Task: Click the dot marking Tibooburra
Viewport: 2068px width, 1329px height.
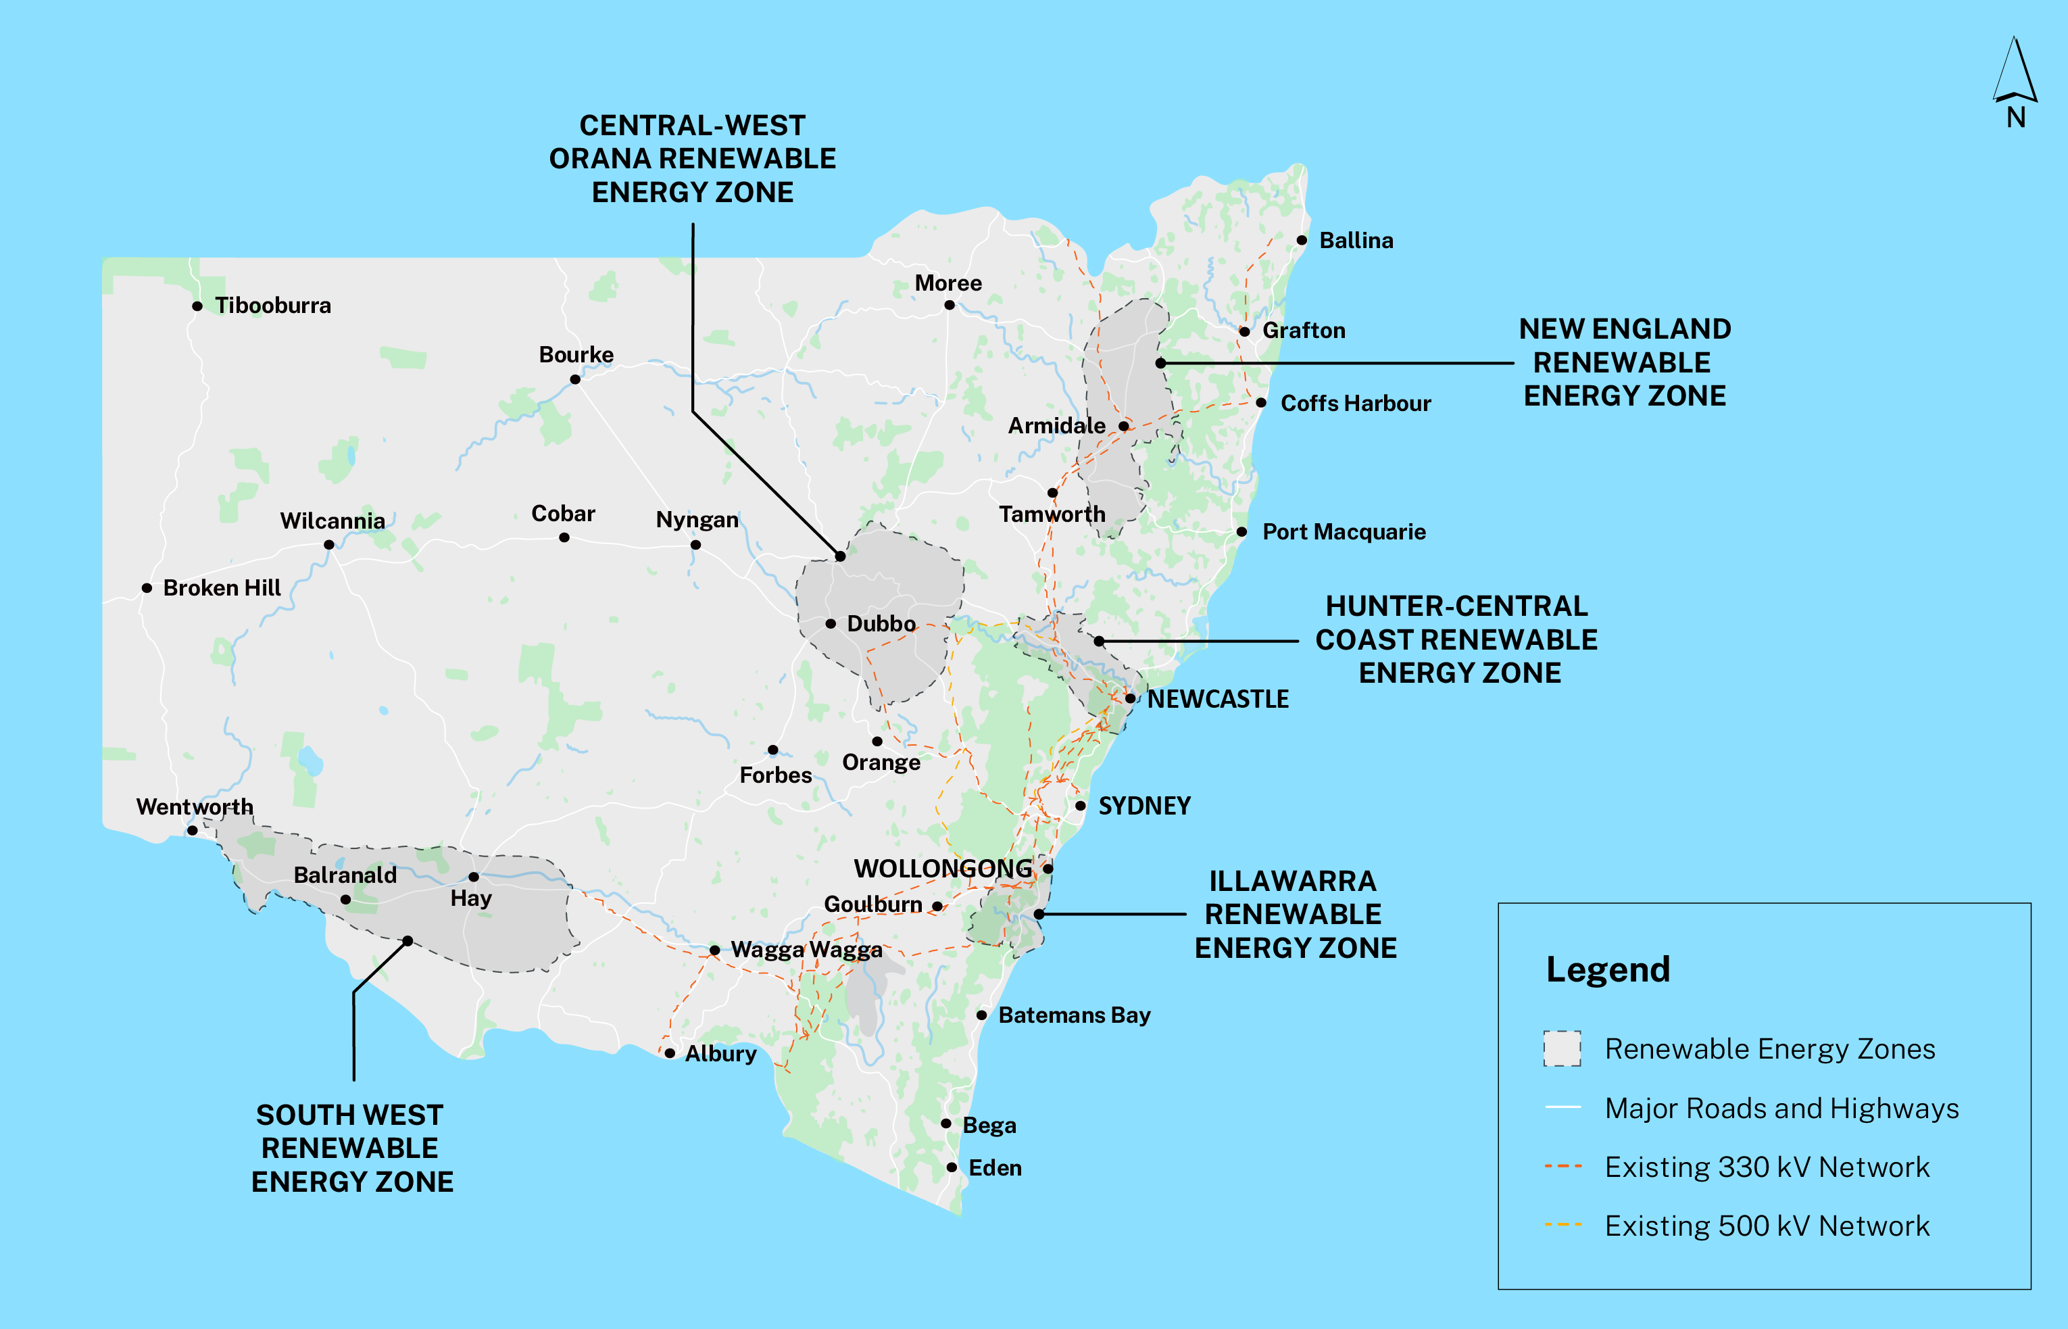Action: pos(197,306)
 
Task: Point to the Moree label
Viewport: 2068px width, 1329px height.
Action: pos(948,283)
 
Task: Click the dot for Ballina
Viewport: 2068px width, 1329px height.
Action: pos(1302,240)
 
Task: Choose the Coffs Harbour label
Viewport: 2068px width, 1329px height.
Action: pos(1356,403)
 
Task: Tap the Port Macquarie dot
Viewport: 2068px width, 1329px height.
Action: pos(1241,531)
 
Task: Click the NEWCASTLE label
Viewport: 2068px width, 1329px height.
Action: pos(1217,699)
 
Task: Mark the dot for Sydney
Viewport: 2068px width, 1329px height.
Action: pos(1080,806)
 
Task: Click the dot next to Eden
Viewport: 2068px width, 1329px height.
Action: pos(952,1167)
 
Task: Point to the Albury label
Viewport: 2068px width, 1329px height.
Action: pos(720,1054)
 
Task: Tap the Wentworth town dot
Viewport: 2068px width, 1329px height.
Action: pos(193,831)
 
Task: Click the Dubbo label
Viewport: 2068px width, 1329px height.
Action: pos(881,624)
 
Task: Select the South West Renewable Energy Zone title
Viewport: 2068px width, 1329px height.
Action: pos(352,1148)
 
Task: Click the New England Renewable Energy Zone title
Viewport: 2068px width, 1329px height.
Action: pos(1625,362)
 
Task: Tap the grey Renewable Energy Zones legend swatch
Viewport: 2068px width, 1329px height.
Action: pos(1562,1048)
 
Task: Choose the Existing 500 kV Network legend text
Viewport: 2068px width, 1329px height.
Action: pos(1766,1226)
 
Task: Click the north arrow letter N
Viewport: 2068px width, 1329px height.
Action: pos(2015,118)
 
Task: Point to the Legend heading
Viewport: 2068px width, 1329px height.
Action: pos(1607,969)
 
